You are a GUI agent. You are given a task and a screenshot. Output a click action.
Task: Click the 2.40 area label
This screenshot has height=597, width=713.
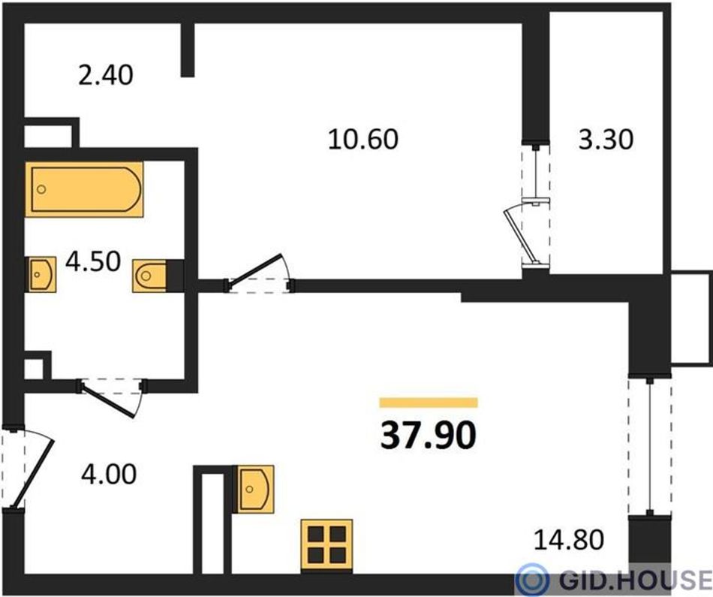[106, 76]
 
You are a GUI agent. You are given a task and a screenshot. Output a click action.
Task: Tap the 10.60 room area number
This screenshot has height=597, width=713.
[363, 139]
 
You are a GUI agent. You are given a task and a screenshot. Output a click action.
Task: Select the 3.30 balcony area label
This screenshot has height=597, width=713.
[606, 140]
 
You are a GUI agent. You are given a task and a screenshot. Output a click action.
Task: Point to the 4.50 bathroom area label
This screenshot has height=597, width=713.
[93, 262]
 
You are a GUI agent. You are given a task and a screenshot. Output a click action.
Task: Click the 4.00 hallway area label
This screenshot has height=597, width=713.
[109, 475]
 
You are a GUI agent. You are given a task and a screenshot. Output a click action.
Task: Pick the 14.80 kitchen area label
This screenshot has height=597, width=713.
[569, 540]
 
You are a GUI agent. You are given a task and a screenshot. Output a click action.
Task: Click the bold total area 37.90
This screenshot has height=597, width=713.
[429, 435]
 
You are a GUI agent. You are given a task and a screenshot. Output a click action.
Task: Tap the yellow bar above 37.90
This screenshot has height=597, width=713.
[429, 403]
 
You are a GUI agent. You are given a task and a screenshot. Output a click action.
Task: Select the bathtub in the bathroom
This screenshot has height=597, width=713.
[84, 189]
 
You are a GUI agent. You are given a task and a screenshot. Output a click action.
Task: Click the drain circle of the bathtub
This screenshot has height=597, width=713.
[41, 189]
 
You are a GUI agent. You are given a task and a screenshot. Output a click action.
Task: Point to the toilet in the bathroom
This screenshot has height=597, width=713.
[149, 276]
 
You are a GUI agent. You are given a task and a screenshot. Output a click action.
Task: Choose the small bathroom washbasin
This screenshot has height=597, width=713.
[42, 274]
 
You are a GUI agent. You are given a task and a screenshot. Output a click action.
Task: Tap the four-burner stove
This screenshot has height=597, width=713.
[326, 545]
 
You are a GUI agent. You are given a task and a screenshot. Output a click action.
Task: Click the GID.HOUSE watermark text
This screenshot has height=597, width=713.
[636, 580]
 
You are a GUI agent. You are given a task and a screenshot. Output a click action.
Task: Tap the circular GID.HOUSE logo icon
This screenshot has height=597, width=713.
[533, 580]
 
